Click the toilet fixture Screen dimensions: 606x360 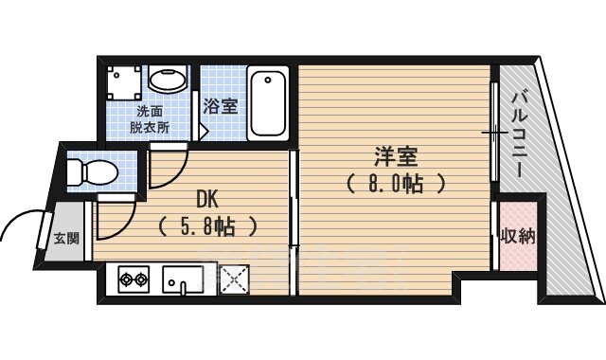tap(93, 172)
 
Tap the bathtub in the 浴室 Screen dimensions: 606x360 tap(268, 104)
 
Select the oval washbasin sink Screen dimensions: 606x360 tap(168, 80)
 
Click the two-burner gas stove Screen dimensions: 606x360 tap(134, 279)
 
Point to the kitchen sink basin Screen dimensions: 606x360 tap(183, 280)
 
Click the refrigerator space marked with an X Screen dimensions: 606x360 tap(234, 280)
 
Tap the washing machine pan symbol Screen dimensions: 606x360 tap(124, 82)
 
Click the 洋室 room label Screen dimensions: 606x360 tap(395, 156)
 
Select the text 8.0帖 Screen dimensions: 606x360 tap(395, 184)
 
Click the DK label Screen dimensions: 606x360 tap(207, 200)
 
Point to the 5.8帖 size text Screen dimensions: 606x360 tap(207, 226)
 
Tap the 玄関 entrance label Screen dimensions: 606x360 tap(66, 238)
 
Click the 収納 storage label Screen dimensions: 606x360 tap(518, 236)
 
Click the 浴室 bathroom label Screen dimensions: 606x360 tap(221, 106)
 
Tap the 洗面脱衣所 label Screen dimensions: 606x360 tap(150, 119)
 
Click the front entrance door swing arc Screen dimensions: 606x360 tap(23, 217)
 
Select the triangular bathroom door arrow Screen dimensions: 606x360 tap(204, 133)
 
